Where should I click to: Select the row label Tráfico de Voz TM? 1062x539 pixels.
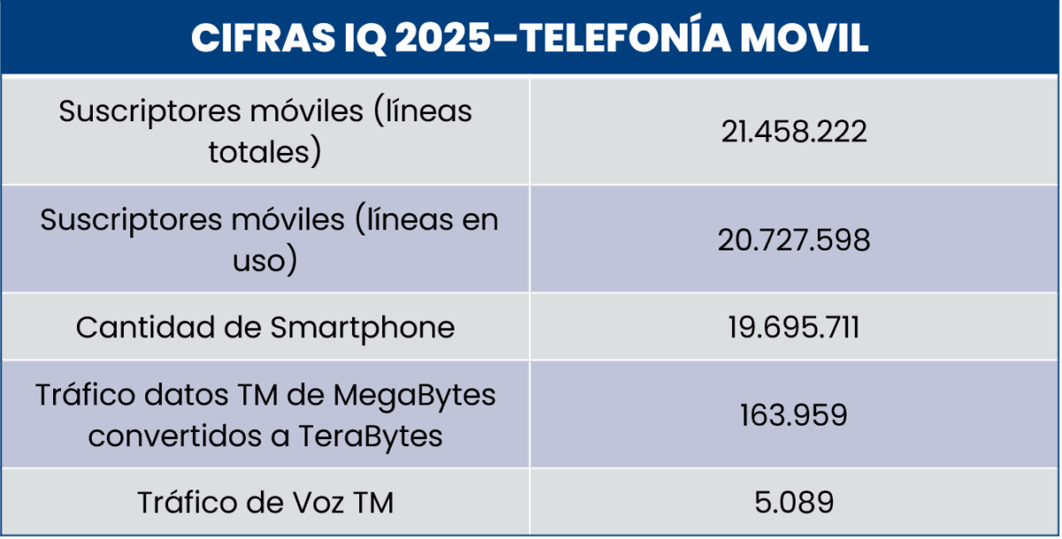(x=265, y=503)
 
